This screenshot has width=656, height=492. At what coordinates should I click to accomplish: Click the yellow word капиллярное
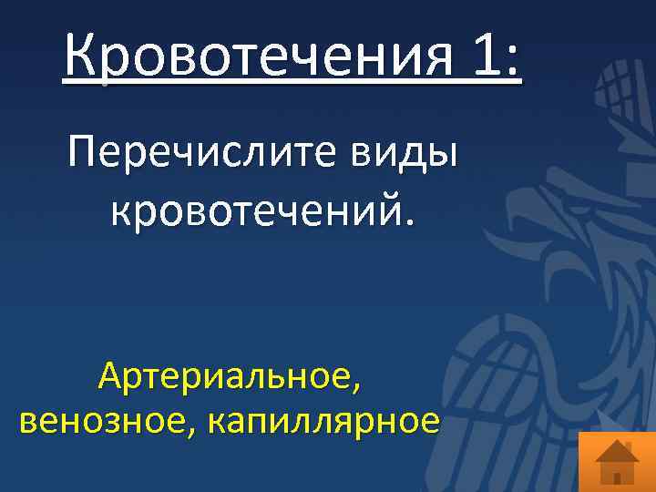pyautogui.click(x=324, y=422)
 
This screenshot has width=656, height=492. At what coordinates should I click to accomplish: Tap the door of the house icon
pyautogui.click(x=617, y=477)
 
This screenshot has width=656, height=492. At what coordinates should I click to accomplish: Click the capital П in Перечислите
pyautogui.click(x=83, y=151)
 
